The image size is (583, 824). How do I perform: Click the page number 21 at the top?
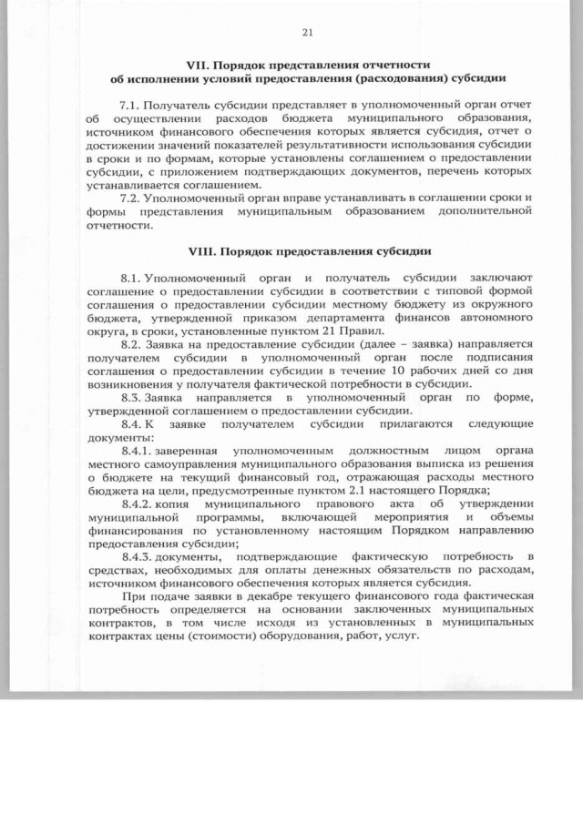306,33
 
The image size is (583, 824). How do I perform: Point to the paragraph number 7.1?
133,106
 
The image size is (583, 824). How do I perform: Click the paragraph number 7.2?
133,198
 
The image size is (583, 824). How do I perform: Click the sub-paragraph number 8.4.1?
140,450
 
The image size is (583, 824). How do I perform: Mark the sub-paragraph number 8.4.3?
140,555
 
